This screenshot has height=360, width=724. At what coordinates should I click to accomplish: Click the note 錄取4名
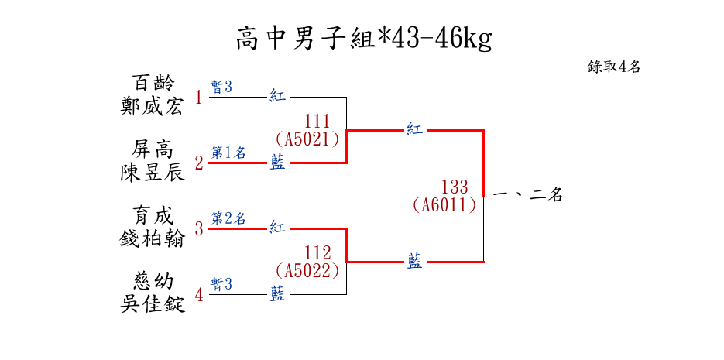(614, 67)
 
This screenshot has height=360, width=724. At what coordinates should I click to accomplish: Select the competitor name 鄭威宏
(153, 107)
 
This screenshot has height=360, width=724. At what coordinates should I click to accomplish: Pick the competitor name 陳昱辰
(153, 173)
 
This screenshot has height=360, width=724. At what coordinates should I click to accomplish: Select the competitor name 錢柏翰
(153, 238)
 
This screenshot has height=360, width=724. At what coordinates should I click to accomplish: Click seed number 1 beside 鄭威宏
(199, 98)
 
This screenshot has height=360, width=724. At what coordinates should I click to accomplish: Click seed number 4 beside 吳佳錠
(199, 295)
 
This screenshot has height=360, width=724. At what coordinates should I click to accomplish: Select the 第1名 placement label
(228, 153)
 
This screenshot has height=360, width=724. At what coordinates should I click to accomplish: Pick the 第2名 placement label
(228, 218)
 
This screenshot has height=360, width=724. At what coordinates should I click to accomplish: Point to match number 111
(317, 122)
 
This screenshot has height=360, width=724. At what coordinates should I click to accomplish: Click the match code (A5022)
(307, 270)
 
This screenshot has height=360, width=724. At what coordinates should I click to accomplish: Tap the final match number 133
(455, 187)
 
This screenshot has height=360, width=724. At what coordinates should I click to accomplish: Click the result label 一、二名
(527, 195)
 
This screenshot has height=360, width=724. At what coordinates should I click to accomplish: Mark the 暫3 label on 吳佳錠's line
(221, 284)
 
